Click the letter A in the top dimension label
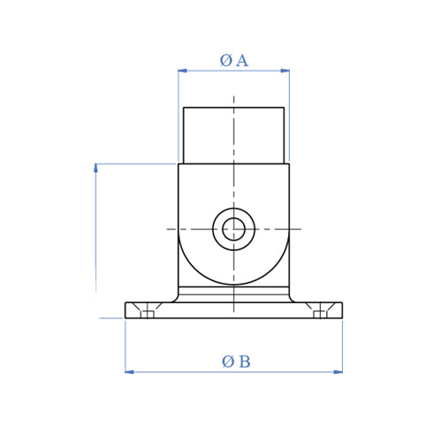[x=241, y=61]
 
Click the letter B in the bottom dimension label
[x=244, y=362]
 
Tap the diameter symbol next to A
[x=225, y=61]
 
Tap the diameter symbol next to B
[x=228, y=362]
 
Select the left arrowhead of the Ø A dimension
[x=182, y=71]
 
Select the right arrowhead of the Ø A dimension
[x=286, y=71]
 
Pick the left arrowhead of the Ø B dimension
[x=129, y=372]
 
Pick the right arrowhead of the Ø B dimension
[x=338, y=372]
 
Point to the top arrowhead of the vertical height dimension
[x=95, y=168]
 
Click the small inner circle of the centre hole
[x=233, y=230]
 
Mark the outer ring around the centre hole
[x=233, y=213]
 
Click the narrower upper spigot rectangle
[x=233, y=135]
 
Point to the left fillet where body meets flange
[x=174, y=299]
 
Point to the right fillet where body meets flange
[x=293, y=299]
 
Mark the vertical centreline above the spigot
[x=233, y=101]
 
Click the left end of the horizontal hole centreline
[x=170, y=230]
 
